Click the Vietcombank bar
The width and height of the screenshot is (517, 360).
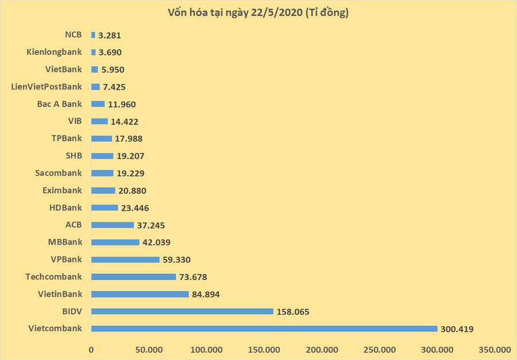coord(264,328)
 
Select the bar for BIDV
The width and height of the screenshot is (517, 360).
coord(182,311)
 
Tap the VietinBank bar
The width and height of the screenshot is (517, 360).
coord(140,294)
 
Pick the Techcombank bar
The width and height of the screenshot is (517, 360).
coord(133,277)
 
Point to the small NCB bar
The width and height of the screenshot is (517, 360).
coord(93,35)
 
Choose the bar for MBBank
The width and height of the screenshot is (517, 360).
coord(115,242)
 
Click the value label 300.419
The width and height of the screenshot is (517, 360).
coord(457,329)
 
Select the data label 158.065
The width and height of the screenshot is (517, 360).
coord(293,312)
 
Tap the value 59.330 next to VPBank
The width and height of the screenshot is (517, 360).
coord(176,260)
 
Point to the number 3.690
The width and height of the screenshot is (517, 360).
coord(110,52)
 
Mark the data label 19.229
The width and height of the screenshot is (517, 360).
coord(130,173)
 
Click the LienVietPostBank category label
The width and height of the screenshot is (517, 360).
coord(47,87)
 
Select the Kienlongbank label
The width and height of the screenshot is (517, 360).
coord(54,52)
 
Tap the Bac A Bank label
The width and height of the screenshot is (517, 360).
coord(59,104)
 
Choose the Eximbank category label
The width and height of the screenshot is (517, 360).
coord(62,190)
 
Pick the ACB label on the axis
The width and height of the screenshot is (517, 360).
coord(74,225)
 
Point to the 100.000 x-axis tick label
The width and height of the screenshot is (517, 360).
coord(206,350)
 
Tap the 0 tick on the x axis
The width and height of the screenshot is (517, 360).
coord(91,350)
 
